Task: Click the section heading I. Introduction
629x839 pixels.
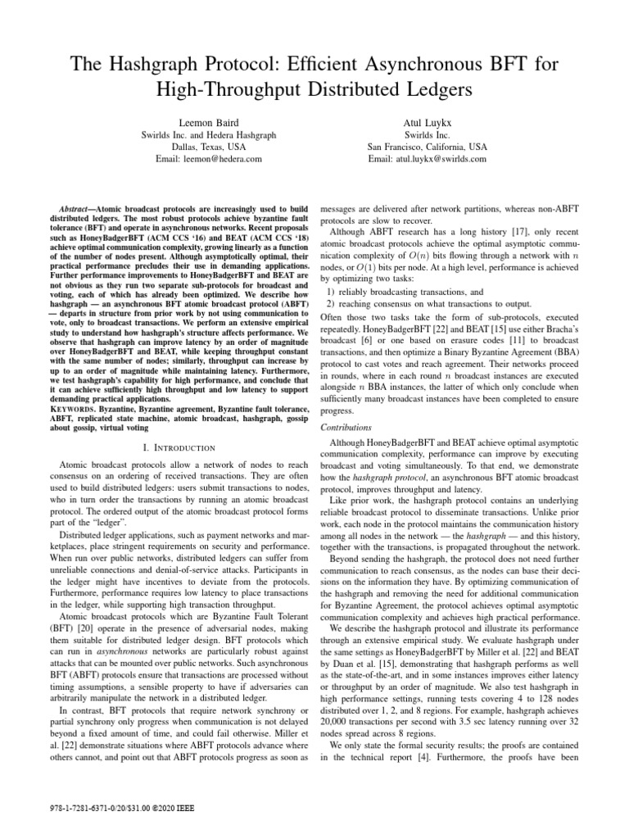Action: (173, 447)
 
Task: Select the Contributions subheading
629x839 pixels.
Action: (345, 427)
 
